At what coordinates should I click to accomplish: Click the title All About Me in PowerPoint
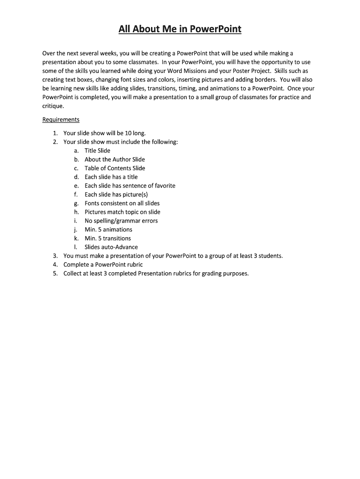pos(180,29)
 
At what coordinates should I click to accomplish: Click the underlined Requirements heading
pos(61,120)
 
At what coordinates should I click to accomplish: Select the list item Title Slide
pos(97,151)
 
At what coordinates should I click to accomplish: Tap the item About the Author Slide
pos(115,160)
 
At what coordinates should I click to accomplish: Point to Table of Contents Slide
pos(115,168)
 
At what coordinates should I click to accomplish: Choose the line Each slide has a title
pos(111,177)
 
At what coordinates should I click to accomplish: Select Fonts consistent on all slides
pos(122,203)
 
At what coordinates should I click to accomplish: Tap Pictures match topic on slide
pos(122,212)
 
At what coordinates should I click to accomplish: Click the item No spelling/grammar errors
pos(121,221)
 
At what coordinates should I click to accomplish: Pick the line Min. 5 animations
pos(108,230)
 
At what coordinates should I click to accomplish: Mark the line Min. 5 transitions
pos(108,239)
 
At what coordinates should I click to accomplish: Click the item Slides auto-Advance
pos(111,247)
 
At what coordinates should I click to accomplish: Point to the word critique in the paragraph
pos(53,106)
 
